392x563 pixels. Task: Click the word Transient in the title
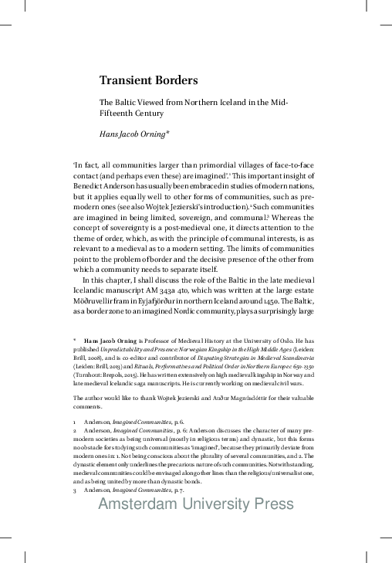(128, 80)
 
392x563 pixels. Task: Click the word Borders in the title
(178, 80)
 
